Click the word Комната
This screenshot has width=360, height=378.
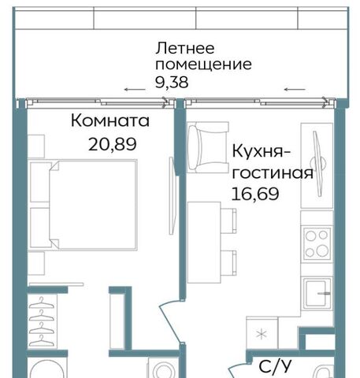pyautogui.click(x=110, y=120)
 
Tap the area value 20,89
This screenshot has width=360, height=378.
pyautogui.click(x=113, y=144)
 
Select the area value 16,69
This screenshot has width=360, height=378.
pyautogui.click(x=255, y=194)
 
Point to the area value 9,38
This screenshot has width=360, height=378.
pyautogui.click(x=172, y=82)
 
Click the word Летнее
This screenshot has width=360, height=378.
pyautogui.click(x=185, y=49)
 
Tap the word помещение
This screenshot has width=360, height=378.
pyautogui.click(x=203, y=65)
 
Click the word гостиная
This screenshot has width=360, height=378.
pyautogui.click(x=273, y=173)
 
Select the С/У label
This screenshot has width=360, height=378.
pyautogui.click(x=275, y=366)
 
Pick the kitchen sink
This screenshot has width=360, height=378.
pyautogui.click(x=317, y=294)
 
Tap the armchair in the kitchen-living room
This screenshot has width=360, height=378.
pyautogui.click(x=208, y=148)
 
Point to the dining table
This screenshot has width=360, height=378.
pyautogui.click(x=204, y=243)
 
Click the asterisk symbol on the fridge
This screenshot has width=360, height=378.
pyautogui.click(x=262, y=335)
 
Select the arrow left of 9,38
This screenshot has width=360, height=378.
pyautogui.click(x=135, y=90)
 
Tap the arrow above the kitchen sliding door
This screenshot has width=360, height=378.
pyautogui.click(x=295, y=90)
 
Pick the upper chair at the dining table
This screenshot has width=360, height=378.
pyautogui.click(x=228, y=220)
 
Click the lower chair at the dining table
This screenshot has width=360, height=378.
pyautogui.click(x=228, y=263)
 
